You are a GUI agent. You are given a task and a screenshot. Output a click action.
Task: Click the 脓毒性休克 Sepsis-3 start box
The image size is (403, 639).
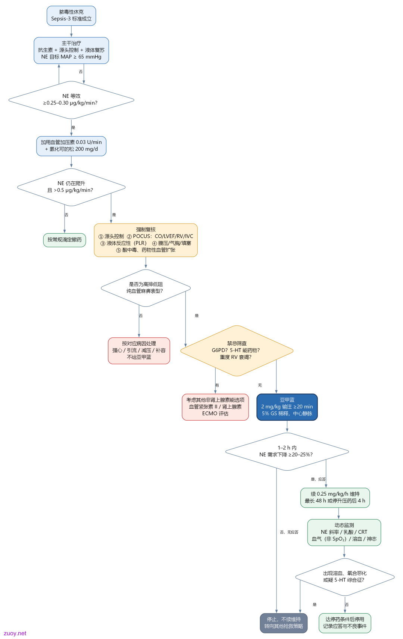[x=71, y=16]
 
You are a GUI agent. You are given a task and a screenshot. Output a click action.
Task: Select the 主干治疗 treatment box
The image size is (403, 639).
[x=71, y=50]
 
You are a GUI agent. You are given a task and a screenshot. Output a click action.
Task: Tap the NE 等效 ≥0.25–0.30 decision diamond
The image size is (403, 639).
[x=71, y=100]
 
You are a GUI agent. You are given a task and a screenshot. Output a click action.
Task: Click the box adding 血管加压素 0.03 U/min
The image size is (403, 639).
[x=71, y=146]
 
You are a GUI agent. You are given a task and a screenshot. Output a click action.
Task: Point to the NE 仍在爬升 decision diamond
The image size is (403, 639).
[x=71, y=187]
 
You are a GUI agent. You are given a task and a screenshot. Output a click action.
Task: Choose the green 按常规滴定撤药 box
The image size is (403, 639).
[x=65, y=240]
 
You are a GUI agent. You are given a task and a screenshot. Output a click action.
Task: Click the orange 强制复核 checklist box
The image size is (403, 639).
[x=146, y=240]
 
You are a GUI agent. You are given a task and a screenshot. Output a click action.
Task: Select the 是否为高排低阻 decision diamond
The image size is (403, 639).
[x=146, y=288]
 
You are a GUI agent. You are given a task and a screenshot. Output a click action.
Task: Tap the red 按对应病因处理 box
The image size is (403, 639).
[x=139, y=350]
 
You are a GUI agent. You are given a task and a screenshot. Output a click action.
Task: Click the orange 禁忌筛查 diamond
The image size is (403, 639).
[x=237, y=350]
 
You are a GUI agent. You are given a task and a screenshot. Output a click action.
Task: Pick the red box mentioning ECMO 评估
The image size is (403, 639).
[x=215, y=407]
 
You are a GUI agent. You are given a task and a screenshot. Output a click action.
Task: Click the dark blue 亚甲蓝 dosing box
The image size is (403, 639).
[x=287, y=407]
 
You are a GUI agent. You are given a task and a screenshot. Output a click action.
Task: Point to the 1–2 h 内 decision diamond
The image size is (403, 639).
[x=287, y=452]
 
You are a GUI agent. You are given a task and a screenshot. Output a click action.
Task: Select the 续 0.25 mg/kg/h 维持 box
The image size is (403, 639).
[x=335, y=498]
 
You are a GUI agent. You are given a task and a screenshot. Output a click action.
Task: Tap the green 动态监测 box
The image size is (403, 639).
[x=344, y=532]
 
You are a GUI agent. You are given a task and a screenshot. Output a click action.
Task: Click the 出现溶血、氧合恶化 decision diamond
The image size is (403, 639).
[x=345, y=577]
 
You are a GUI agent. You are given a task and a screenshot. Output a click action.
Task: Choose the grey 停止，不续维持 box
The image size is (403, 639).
[x=284, y=623]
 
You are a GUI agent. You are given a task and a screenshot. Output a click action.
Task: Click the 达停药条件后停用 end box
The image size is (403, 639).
[x=345, y=623]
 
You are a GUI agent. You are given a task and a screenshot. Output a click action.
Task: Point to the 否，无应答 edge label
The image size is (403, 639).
[x=289, y=532]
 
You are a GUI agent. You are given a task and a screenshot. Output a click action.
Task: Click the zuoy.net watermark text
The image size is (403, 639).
[x=15, y=633]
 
